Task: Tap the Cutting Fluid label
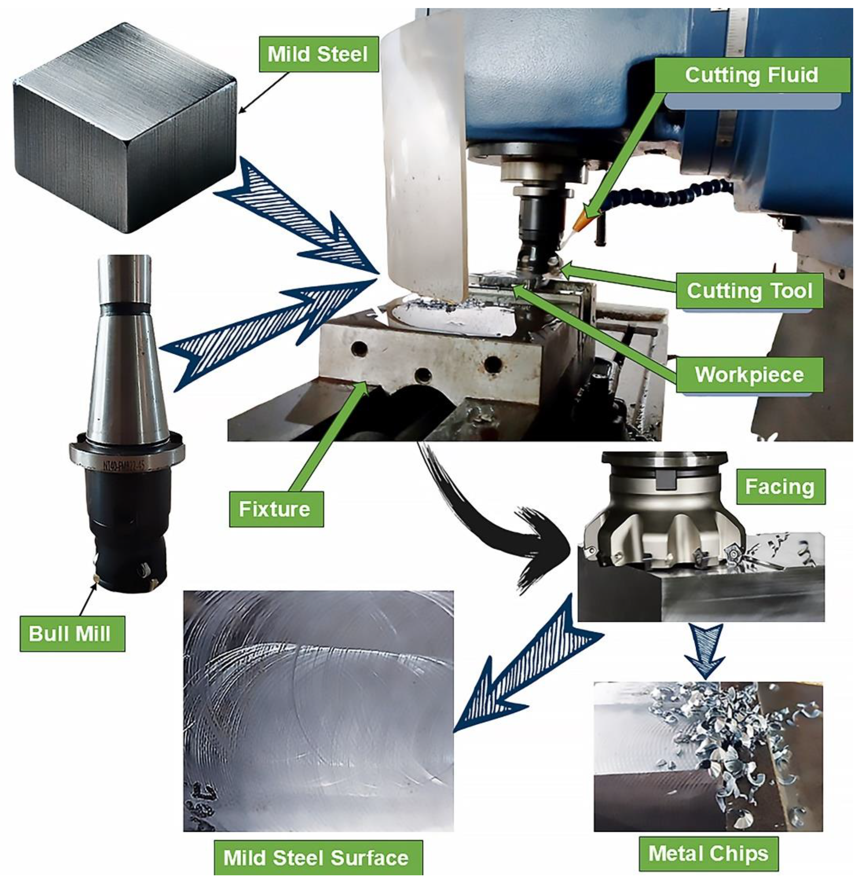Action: [752, 75]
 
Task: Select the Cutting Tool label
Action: [749, 291]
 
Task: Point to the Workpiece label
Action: [749, 375]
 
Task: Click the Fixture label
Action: [276, 509]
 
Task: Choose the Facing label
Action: [780, 487]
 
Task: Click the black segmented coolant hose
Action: [667, 193]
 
